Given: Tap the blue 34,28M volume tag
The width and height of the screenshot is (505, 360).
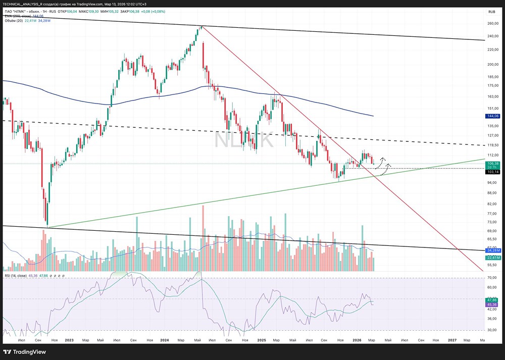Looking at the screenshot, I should [x=492, y=250].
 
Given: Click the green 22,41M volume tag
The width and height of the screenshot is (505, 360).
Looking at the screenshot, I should [x=492, y=258].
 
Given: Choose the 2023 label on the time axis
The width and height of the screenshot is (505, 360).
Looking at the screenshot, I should [x=69, y=340].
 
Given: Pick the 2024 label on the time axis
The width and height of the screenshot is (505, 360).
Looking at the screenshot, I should [x=165, y=340].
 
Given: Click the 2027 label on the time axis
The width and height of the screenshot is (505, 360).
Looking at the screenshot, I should [x=452, y=340].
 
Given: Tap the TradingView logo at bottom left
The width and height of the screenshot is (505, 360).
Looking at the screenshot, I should [x=24, y=352].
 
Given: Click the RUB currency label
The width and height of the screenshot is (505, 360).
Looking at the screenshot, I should [x=491, y=12].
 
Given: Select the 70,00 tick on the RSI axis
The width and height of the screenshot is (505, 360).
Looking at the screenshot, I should [x=491, y=278].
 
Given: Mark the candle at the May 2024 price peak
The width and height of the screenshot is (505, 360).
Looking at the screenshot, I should [x=201, y=27].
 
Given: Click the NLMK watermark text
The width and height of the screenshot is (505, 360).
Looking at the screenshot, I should [x=244, y=140].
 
